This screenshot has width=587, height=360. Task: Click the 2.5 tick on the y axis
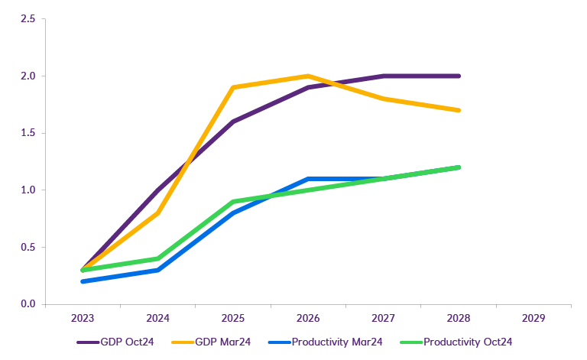click(28, 19)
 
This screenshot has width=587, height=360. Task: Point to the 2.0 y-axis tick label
click(28, 76)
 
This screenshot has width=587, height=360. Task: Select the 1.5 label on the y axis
click(28, 133)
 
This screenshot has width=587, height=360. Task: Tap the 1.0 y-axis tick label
click(28, 190)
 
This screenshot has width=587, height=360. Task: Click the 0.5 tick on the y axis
click(28, 247)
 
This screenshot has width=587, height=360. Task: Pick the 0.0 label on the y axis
click(28, 304)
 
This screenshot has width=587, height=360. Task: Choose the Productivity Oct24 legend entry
click(467, 342)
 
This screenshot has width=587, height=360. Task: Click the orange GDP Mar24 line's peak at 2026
click(307, 76)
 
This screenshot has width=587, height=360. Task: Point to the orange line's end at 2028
click(458, 110)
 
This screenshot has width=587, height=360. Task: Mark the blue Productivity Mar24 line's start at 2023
click(82, 281)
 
